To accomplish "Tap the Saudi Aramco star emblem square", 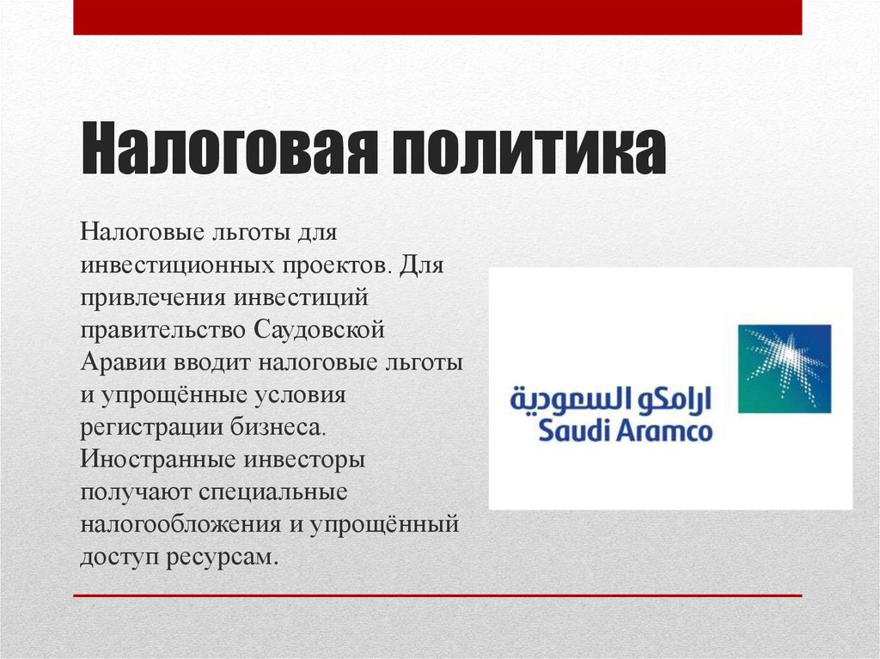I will click(785, 369).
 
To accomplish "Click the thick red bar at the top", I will click(437, 17).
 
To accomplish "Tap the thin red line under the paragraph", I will click(437, 595).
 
